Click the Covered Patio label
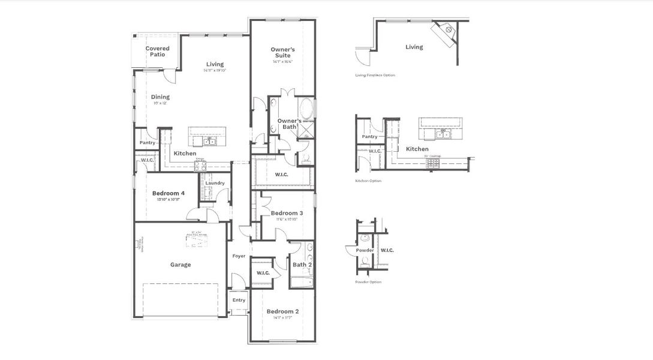point(157,52)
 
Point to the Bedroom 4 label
point(168,193)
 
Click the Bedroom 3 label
point(287,213)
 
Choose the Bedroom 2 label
point(282,311)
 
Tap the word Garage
point(180,265)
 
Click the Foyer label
point(239,256)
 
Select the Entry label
point(239,300)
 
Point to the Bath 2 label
point(302,265)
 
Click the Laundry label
point(215,183)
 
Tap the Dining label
point(160,97)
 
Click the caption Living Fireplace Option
point(375,76)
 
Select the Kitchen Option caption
point(368,181)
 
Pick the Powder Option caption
point(368,282)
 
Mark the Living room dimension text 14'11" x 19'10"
point(215,71)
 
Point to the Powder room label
point(365,250)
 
